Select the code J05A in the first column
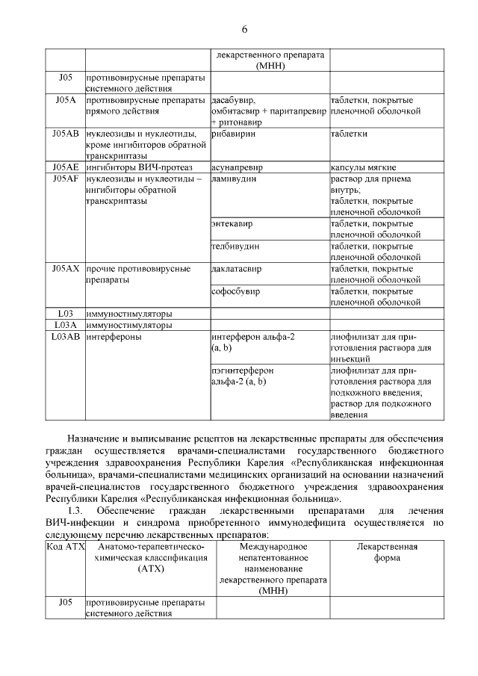coord(66,100)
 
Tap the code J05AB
coord(66,133)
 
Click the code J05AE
coord(66,167)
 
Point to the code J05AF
coord(66,179)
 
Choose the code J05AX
coord(66,268)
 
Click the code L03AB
coord(66,337)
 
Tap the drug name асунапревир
coord(237,168)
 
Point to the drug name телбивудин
coord(235,246)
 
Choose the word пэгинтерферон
coord(243,370)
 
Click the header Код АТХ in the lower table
coord(66,547)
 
